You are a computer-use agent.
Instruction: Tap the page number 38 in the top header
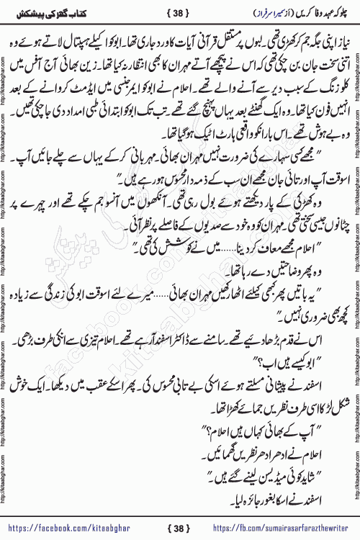(179, 14)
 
